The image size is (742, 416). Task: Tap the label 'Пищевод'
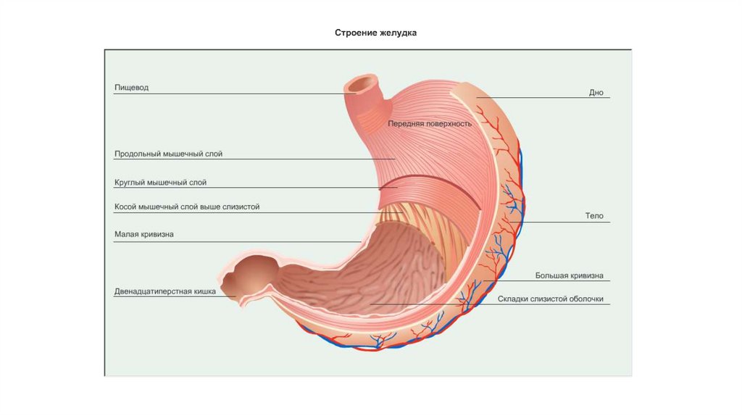point(131,88)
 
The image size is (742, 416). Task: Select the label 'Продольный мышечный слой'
point(167,154)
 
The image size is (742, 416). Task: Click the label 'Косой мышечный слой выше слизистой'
point(187,207)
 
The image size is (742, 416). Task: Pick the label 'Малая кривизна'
point(143,235)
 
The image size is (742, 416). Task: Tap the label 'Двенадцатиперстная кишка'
point(164,291)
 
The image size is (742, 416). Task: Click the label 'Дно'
point(596,93)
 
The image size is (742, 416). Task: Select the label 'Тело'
point(594,216)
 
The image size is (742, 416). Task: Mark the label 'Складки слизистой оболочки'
point(550,299)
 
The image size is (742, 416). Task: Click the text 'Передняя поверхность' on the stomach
point(430,123)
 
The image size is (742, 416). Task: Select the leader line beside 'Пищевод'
point(232,94)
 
